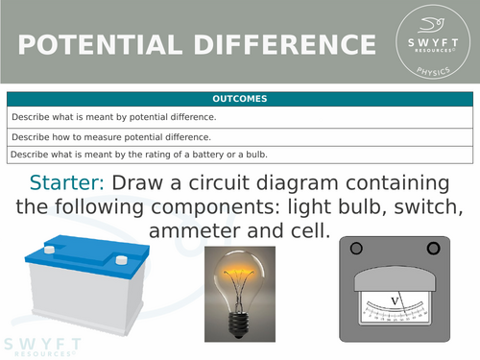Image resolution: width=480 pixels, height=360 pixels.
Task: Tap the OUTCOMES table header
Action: [240, 99]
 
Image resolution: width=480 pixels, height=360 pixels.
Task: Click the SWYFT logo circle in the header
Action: [435, 43]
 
